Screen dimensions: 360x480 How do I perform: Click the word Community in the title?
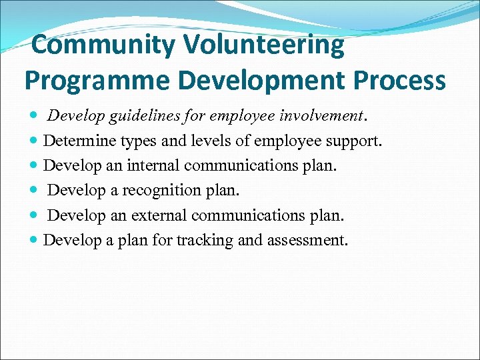(103, 45)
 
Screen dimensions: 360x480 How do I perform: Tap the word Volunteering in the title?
(264, 45)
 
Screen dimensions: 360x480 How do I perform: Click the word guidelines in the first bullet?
(141, 117)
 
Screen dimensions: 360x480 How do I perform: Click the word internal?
(155, 166)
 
